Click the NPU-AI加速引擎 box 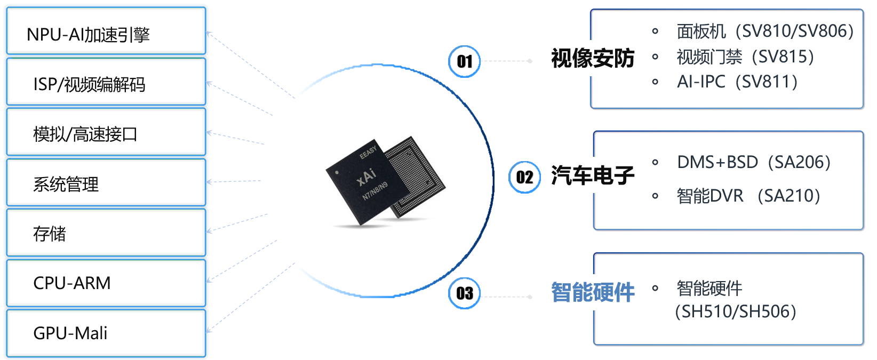point(106,31)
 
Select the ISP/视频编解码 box point(106,82)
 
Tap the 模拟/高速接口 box point(106,132)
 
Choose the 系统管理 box point(106,182)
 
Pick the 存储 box point(106,233)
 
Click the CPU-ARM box point(106,283)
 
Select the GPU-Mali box point(106,333)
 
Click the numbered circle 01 point(465,61)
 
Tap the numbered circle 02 point(524,177)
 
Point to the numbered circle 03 point(465,293)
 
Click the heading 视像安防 point(593,58)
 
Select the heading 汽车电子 point(593,175)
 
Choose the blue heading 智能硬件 point(593,292)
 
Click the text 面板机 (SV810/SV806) point(765,31)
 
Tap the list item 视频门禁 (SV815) point(745,57)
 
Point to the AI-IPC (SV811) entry point(737,82)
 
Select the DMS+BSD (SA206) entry point(754,162)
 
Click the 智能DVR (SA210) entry point(748,196)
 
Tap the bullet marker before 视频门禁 point(655,57)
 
